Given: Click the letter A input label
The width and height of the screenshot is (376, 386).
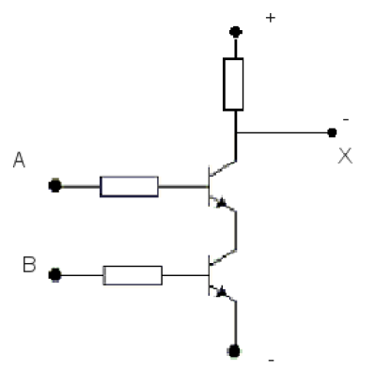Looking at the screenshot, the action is click(19, 160).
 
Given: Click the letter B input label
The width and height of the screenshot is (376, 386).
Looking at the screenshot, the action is click(29, 265).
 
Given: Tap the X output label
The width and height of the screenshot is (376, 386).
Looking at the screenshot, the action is click(345, 156).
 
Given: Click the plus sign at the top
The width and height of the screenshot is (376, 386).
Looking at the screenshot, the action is click(271, 18).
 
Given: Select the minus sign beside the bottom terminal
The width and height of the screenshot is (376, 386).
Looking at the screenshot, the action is click(272, 361).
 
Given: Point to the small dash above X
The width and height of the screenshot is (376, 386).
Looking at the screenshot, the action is click(346, 119).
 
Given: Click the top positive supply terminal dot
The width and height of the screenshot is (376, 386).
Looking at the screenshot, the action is click(236, 32).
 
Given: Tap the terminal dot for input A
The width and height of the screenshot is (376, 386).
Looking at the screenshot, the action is click(55, 186).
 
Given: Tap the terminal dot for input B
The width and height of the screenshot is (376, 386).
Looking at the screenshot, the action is click(55, 275).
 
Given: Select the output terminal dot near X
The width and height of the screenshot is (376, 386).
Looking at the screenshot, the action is click(332, 132).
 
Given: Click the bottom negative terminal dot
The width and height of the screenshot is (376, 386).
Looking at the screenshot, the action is click(234, 351).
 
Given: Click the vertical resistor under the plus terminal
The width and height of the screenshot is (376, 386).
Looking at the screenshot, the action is click(233, 85).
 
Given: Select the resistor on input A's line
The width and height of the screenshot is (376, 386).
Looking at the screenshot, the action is click(129, 187).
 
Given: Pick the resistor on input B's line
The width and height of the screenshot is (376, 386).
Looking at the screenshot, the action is click(133, 275).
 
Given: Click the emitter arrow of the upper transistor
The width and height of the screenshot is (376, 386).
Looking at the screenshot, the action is click(222, 203).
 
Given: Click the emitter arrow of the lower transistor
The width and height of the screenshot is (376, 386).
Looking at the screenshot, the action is click(222, 292).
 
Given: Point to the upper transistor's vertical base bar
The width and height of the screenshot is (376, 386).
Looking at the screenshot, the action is click(209, 186).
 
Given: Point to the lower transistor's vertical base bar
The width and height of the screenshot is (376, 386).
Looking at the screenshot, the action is click(209, 275).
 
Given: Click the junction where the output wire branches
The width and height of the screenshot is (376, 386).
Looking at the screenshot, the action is click(236, 132).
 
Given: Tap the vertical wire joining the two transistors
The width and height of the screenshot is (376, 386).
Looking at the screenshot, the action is click(236, 231).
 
